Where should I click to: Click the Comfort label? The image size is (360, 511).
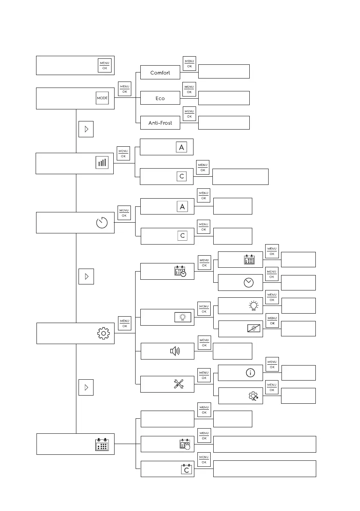pyautogui.click(x=160, y=73)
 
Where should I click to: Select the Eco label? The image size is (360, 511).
pyautogui.click(x=160, y=98)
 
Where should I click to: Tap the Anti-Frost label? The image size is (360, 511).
pyautogui.click(x=160, y=123)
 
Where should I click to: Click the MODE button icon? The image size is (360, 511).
pyautogui.click(x=102, y=98)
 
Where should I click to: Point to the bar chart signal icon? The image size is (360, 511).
pyautogui.click(x=102, y=163)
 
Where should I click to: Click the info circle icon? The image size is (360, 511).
pyautogui.click(x=249, y=373)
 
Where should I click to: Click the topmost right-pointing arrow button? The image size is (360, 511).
pyautogui.click(x=86, y=130)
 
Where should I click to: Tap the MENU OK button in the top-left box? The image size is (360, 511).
pyautogui.click(x=105, y=65)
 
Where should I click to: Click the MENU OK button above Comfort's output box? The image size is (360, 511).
pyautogui.click(x=189, y=63)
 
